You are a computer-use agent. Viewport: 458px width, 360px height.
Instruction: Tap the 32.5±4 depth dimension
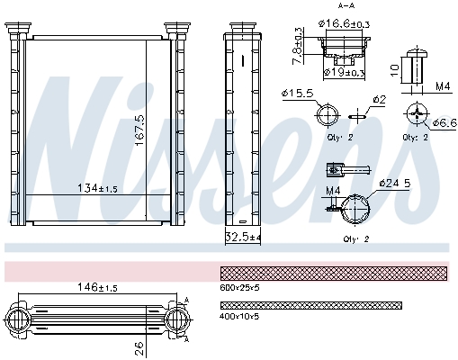[x=243, y=238]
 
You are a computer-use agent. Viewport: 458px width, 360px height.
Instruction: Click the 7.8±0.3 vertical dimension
[x=299, y=43]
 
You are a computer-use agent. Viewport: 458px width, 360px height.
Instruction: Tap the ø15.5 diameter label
[x=297, y=93]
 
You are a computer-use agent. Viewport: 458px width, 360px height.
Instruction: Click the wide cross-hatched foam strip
[x=334, y=273]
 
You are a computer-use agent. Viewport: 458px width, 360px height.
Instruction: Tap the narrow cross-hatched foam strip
[x=310, y=305]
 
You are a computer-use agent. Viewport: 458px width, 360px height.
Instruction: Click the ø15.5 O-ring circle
[x=327, y=115]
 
